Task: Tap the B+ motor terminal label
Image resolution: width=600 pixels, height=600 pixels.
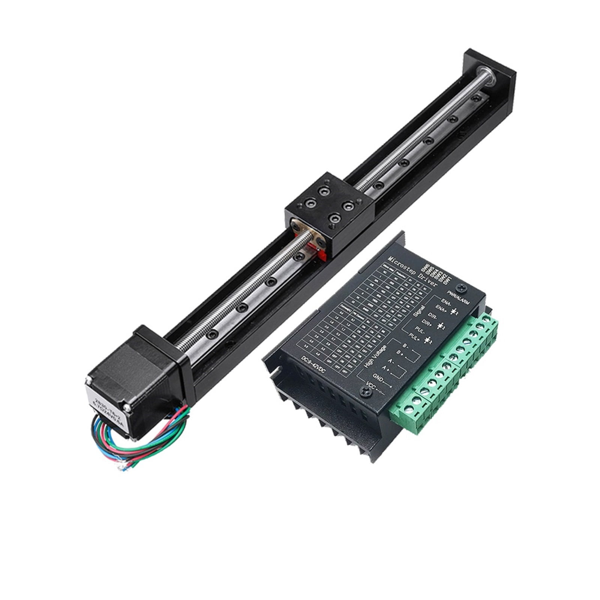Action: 400,353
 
